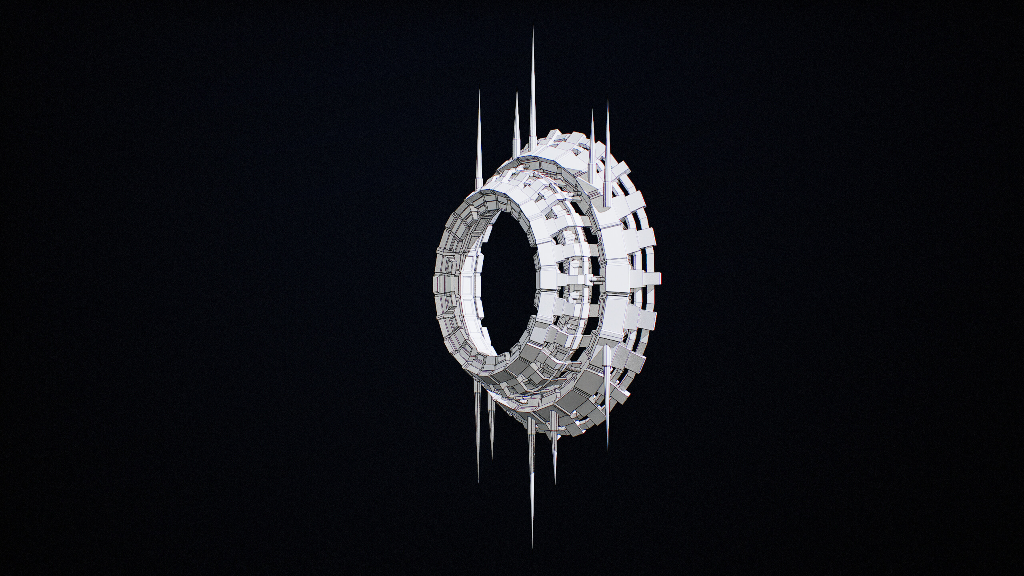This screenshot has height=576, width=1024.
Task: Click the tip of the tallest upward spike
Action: [x=533, y=27]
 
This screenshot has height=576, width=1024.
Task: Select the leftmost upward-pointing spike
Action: [x=478, y=152]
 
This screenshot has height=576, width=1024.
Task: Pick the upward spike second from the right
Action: [x=592, y=152]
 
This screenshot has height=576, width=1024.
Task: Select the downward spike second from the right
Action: [x=554, y=452]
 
